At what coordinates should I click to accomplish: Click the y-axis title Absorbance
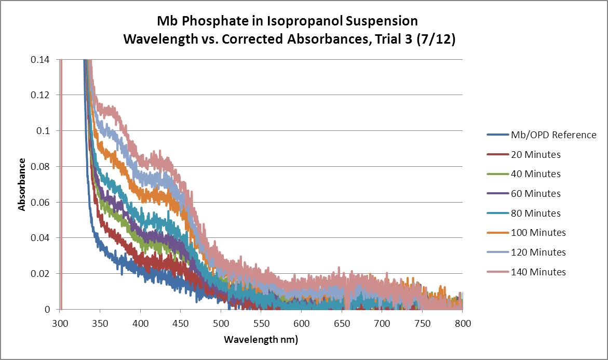22,184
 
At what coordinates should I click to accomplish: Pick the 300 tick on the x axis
61,323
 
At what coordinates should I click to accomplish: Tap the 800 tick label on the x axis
462,323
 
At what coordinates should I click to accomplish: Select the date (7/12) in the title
437,39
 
